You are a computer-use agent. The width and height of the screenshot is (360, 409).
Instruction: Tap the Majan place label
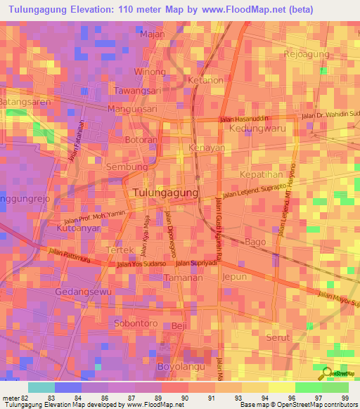[153, 34]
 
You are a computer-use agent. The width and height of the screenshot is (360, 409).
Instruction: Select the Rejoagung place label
[307, 54]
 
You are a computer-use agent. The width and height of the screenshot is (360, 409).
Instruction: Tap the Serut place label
[278, 338]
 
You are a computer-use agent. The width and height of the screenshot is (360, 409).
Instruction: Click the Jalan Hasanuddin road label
[245, 119]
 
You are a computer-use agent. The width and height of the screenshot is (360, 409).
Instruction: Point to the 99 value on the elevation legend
[344, 398]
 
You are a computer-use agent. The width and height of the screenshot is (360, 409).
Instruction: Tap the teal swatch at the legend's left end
[41, 387]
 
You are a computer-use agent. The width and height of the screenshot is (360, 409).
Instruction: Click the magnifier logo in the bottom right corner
[326, 373]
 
